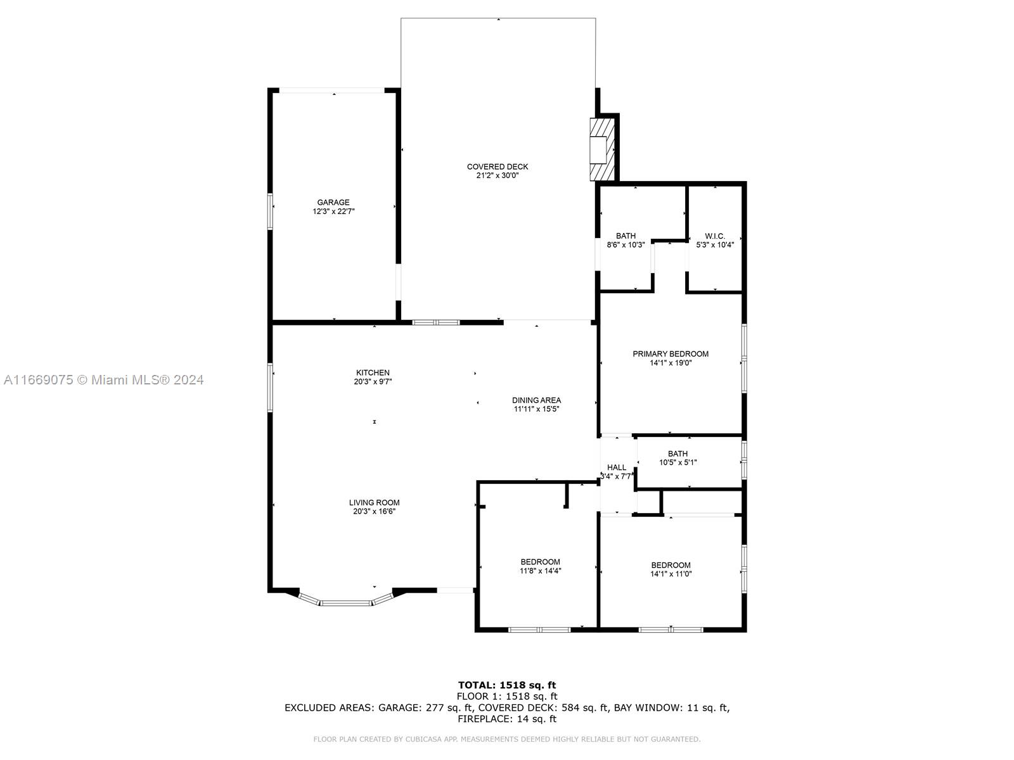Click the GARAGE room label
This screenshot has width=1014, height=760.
pos(333,202)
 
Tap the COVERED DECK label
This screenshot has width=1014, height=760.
pos(497,167)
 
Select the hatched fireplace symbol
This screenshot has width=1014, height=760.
pos(602,149)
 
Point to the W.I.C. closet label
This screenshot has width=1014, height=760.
pos(715,236)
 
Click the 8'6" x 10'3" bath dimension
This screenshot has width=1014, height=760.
pos(626,245)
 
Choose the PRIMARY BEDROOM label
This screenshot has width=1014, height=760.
pos(671,354)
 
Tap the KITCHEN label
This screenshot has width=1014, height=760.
pos(373,372)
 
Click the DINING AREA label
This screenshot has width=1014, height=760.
pos(536,400)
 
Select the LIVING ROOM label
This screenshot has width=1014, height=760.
pos(374,502)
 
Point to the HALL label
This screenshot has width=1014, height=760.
pos(616,467)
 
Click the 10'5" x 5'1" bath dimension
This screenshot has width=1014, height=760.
pos(677,462)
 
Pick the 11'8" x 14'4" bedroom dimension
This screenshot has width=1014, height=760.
pos(540,571)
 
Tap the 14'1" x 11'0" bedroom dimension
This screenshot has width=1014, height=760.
pos(671,574)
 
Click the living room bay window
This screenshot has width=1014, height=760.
pos(346,600)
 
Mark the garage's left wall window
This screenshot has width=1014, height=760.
pos(270,212)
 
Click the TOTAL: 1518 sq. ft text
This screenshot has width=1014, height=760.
pos(507,685)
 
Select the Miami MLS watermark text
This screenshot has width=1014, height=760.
pos(103,380)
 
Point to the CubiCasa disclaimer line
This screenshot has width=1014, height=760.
pos(507,739)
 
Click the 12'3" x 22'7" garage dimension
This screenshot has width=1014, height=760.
pos(333,212)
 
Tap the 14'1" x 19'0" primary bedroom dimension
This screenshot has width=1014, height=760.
pos(671,363)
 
